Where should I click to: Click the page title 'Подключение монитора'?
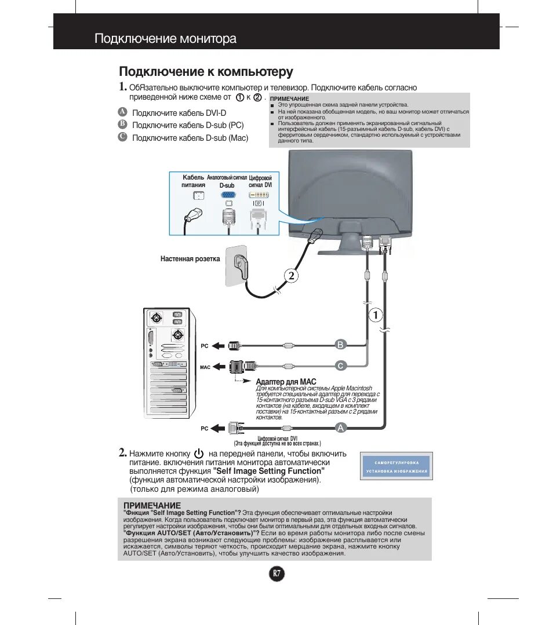pyautogui.click(x=165, y=39)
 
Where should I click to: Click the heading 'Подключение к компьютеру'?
pyautogui.click(x=206, y=71)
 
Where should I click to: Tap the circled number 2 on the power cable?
pyautogui.click(x=291, y=276)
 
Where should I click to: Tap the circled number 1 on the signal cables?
pyautogui.click(x=376, y=315)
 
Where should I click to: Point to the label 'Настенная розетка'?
pyautogui.click(x=190, y=259)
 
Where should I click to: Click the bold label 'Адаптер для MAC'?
pyautogui.click(x=286, y=382)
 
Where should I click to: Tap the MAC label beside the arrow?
pyautogui.click(x=205, y=367)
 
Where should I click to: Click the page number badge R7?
pyautogui.click(x=277, y=574)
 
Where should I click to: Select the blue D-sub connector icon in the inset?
pyautogui.click(x=228, y=195)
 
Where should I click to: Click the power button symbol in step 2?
pyautogui.click(x=199, y=454)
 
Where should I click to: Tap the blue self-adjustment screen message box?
pyautogui.click(x=397, y=466)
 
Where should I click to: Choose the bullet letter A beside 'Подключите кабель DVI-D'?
pyautogui.click(x=122, y=112)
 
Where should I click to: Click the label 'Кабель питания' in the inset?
pyautogui.click(x=193, y=181)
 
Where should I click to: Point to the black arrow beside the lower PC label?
pyautogui.click(x=218, y=428)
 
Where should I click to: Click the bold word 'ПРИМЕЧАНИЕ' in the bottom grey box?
pyautogui.click(x=152, y=506)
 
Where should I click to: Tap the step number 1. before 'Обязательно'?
pyautogui.click(x=122, y=87)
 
